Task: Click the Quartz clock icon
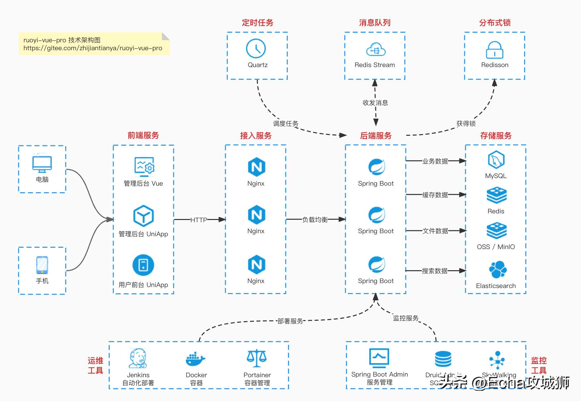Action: [x=256, y=49]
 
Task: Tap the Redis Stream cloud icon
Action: [x=376, y=50]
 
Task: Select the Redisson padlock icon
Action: [x=494, y=50]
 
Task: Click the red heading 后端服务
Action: [x=376, y=136]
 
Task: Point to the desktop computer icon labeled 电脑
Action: [x=42, y=164]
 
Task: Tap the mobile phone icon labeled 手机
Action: [x=42, y=265]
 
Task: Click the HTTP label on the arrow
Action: [x=199, y=220]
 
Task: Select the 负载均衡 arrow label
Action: [x=315, y=220]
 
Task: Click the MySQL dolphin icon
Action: [x=496, y=160]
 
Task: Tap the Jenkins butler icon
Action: [x=138, y=358]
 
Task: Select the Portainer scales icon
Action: [x=257, y=358]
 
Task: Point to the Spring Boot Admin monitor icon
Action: [x=379, y=358]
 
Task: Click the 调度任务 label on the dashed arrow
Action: [x=286, y=124]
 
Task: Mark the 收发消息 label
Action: [x=375, y=103]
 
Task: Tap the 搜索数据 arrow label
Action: [x=435, y=271]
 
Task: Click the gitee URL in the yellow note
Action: [x=93, y=48]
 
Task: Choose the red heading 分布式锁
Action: [x=495, y=23]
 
